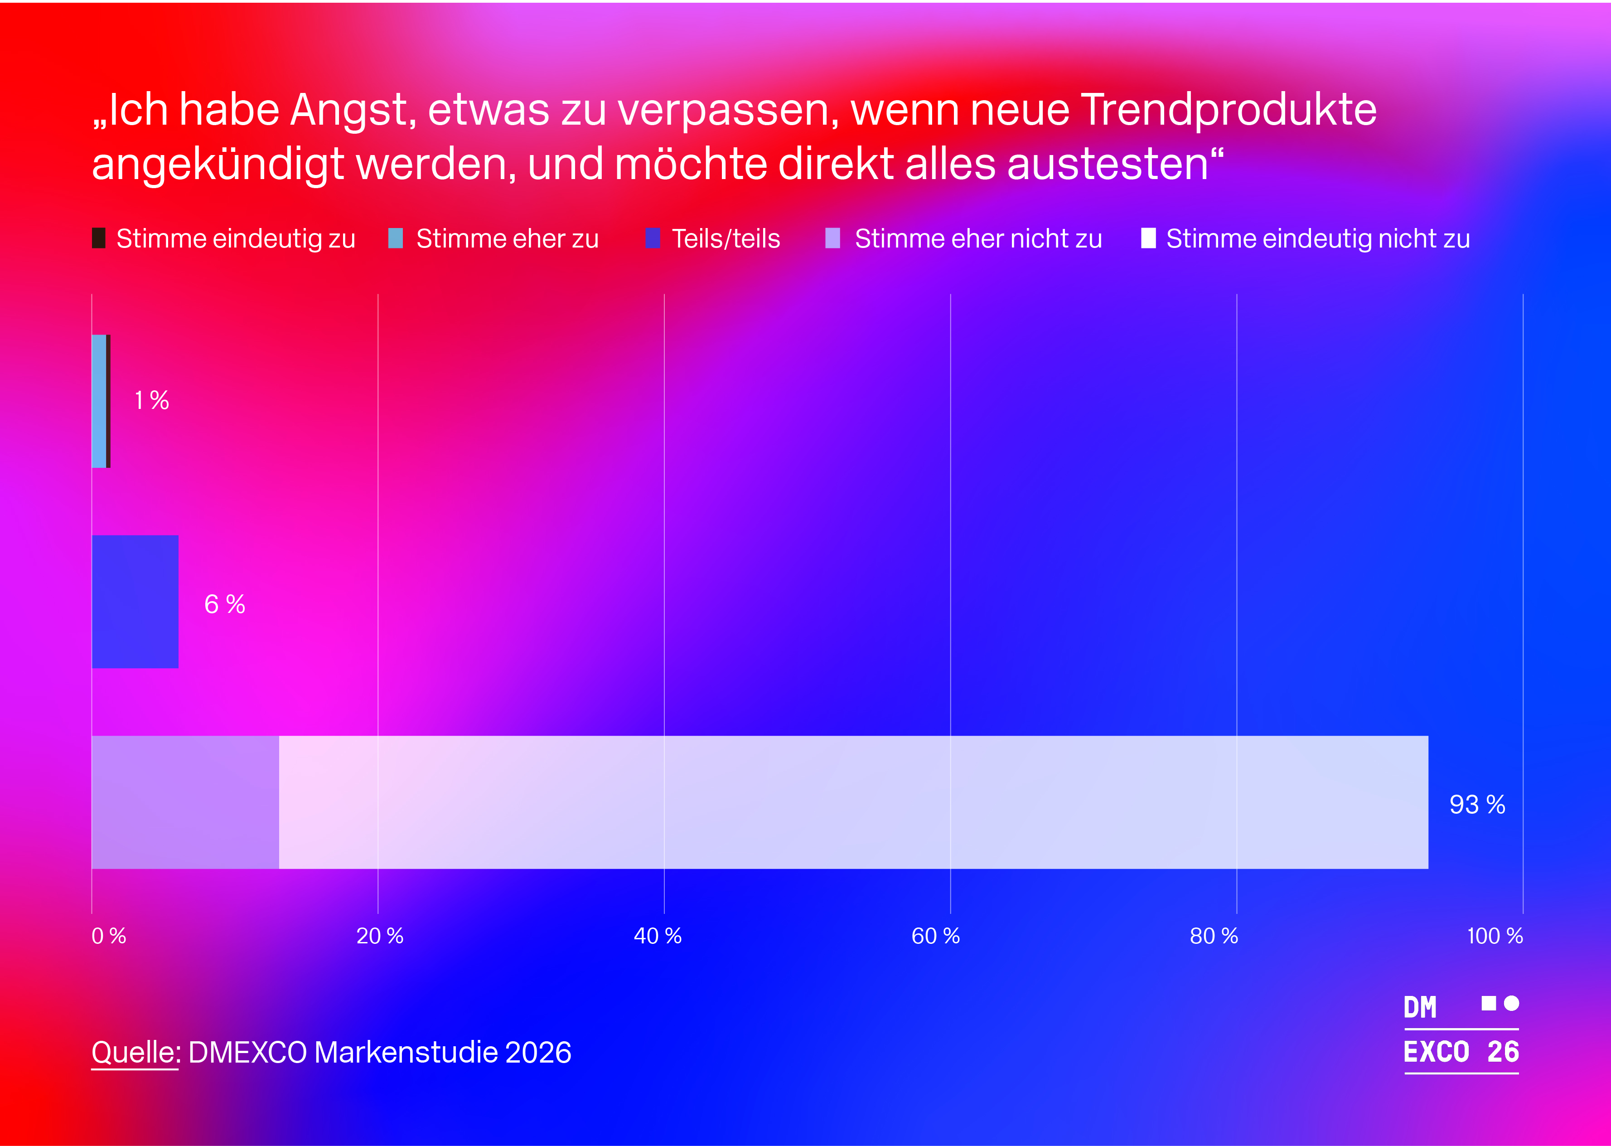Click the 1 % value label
(152, 401)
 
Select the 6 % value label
(224, 604)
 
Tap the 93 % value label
(1477, 805)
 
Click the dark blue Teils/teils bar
(135, 601)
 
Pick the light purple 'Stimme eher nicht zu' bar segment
(185, 802)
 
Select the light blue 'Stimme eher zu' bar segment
(99, 401)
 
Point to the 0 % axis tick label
(109, 937)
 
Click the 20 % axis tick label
(379, 937)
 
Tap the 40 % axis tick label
(658, 937)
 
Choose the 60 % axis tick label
(935, 937)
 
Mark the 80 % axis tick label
(1213, 937)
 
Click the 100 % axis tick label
(1495, 937)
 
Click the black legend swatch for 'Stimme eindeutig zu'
(99, 238)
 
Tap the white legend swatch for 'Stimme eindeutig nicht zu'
(1148, 238)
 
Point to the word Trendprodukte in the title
(1228, 111)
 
